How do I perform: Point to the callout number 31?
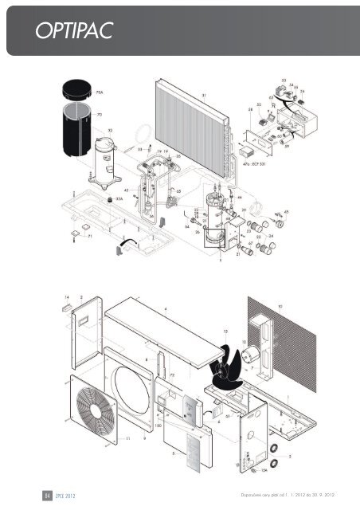coord(204,95)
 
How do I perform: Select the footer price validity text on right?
coord(295,494)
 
